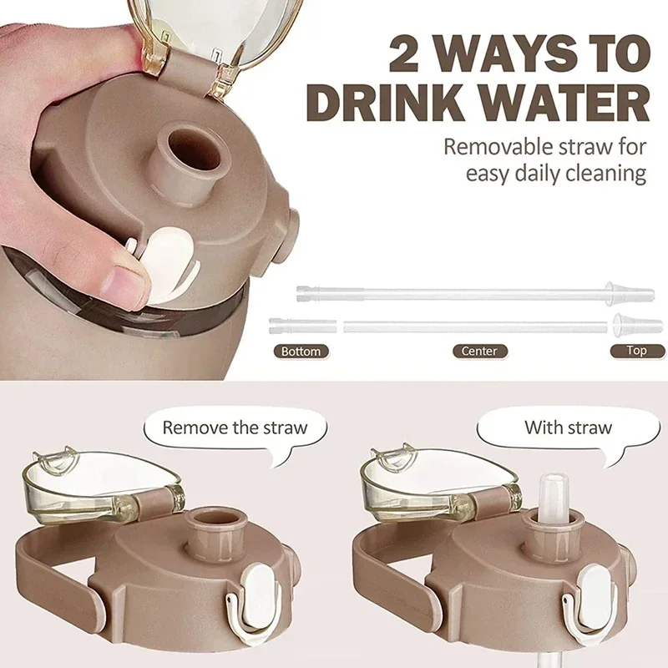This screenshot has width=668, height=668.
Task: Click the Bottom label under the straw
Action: pyautogui.click(x=301, y=352)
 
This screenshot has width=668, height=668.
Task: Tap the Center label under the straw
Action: pyautogui.click(x=479, y=352)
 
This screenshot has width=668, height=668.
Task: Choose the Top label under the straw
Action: pyautogui.click(x=636, y=352)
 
